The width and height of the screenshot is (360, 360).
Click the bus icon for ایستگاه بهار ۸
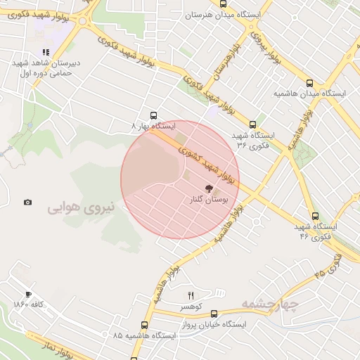[x=154, y=115]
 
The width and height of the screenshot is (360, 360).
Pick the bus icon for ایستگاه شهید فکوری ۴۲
[x=314, y=217]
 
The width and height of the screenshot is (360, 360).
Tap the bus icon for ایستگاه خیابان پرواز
[x=214, y=314]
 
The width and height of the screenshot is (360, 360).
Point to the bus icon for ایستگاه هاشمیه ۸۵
[x=144, y=325]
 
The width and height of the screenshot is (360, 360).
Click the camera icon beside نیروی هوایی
[x=27, y=202]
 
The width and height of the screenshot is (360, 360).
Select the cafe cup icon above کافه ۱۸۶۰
[x=28, y=295]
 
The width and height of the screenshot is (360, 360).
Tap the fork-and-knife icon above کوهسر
[x=191, y=296]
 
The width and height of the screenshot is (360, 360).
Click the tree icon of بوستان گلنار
[x=208, y=188]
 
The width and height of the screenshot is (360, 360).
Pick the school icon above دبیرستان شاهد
[x=46, y=52]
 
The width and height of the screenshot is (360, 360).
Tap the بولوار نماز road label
[x=70, y=351]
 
